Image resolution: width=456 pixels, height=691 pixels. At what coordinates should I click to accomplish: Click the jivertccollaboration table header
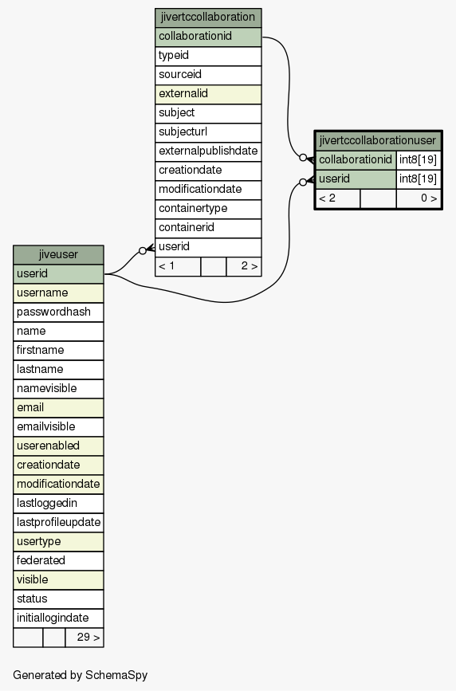208,18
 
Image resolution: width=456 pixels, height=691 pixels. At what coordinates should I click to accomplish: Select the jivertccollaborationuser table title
378,140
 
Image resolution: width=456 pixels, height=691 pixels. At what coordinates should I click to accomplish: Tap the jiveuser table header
58,255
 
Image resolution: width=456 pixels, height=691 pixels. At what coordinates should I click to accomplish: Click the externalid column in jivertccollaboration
208,94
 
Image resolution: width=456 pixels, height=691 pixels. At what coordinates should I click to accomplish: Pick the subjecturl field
208,132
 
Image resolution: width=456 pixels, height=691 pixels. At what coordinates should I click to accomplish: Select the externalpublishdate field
208,151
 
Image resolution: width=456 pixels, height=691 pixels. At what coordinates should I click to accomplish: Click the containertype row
208,209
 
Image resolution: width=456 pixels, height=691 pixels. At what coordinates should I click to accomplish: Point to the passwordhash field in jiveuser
58,312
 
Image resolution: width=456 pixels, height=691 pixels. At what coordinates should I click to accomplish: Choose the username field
58,293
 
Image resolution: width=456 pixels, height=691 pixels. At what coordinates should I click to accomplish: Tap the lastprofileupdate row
58,522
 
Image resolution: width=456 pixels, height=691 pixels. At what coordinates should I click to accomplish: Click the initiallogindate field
58,618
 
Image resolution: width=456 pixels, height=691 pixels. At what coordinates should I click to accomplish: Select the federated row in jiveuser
58,560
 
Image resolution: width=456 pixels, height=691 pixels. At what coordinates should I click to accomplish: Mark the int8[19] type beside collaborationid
418,159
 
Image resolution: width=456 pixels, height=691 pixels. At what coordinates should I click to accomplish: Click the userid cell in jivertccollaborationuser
356,179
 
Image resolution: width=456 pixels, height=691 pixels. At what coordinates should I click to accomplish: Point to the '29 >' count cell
85,638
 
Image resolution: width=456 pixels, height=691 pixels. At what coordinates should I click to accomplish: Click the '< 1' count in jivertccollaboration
178,266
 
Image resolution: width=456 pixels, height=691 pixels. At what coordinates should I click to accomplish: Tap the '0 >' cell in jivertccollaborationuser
418,198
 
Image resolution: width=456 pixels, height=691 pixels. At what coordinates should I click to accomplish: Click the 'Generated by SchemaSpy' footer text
81,675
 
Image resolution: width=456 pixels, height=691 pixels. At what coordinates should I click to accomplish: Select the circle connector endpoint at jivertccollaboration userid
143,251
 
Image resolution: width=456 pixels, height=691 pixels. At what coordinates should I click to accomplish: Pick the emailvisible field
58,426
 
